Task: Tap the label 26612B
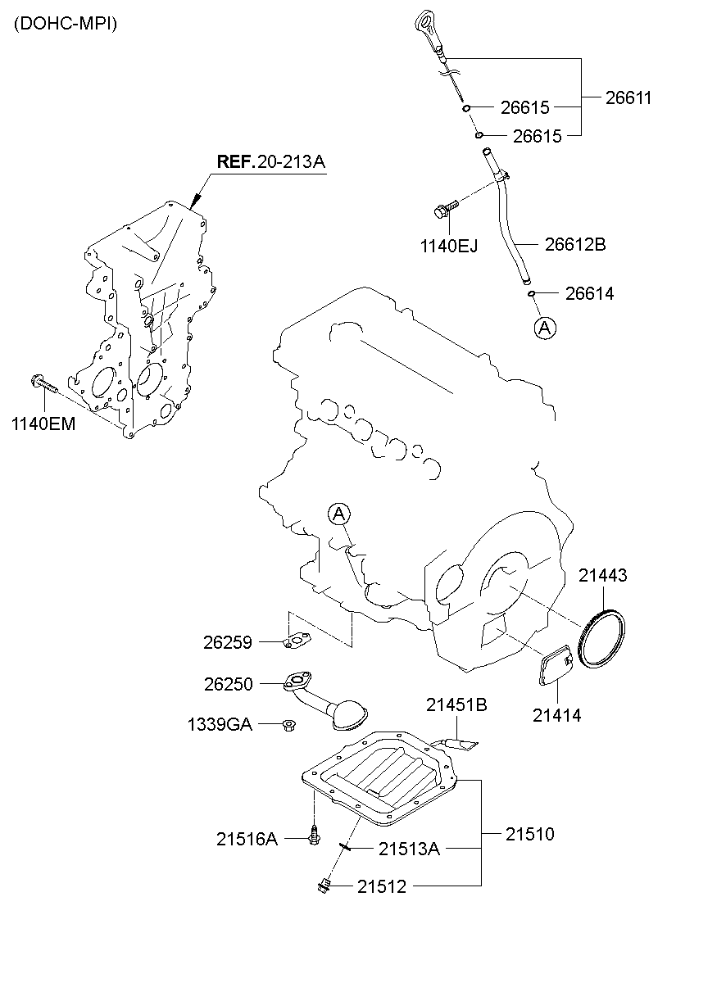[x=575, y=244]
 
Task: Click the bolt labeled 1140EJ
[x=443, y=211]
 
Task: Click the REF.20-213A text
[x=270, y=161]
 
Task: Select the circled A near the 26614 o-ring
[x=545, y=328]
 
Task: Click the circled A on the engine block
[x=339, y=514]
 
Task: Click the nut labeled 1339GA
[x=288, y=723]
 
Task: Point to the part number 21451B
[x=456, y=704]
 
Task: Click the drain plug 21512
[x=324, y=884]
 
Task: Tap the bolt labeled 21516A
[x=315, y=836]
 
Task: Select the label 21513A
[x=409, y=849]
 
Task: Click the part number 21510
[x=529, y=835]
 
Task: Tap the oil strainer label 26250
[x=228, y=683]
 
